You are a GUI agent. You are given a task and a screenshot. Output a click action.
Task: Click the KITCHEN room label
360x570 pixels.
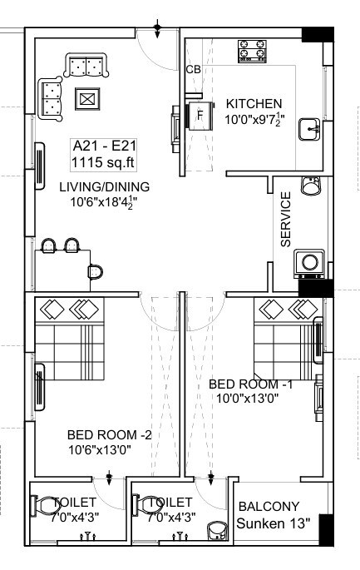tap(254, 104)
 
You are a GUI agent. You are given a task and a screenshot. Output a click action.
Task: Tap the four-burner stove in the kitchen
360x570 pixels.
tap(252, 51)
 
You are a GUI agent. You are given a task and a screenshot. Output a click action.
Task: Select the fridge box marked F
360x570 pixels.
tap(200, 116)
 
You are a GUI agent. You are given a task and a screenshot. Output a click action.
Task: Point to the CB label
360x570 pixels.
tap(193, 70)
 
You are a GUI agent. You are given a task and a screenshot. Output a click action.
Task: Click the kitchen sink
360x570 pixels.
tap(310, 130)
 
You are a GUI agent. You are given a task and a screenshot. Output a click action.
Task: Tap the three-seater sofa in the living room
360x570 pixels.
tap(86, 65)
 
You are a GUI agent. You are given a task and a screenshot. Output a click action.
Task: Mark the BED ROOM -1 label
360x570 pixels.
tap(250, 384)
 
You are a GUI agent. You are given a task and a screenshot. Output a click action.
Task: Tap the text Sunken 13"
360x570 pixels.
tap(273, 523)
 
